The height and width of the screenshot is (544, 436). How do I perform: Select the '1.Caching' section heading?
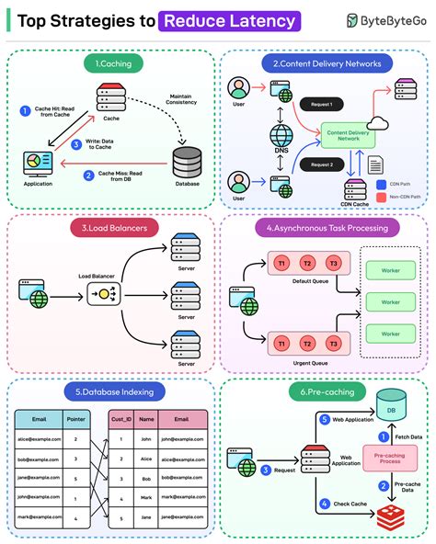point(111,63)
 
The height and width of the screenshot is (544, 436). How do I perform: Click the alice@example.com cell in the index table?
point(39,439)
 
